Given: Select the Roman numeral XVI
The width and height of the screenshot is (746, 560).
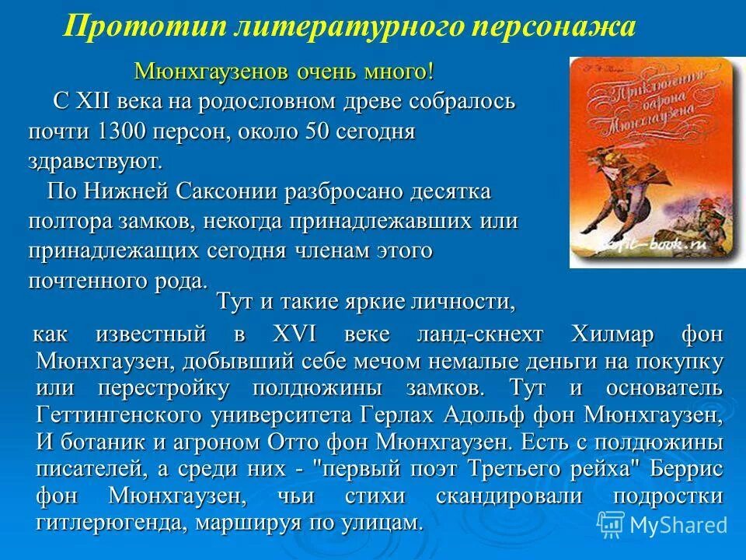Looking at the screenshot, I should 291,335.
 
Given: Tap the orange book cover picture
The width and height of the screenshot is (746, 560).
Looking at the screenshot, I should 656,161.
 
